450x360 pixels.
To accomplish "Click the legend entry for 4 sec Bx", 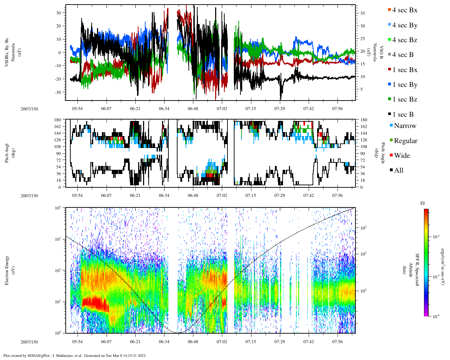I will (x=404, y=10).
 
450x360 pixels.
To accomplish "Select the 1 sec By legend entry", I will (x=404, y=85).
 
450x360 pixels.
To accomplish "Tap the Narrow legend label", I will (x=405, y=126).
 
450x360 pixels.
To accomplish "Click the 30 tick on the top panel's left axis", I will (x=59, y=13).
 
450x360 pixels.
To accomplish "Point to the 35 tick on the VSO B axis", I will (x=362, y=13).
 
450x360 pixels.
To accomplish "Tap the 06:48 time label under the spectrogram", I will (x=193, y=342).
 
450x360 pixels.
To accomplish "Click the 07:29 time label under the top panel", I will (x=279, y=109).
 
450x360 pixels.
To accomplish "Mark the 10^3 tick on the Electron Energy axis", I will (x=58, y=239).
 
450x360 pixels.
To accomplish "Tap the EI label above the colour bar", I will (x=423, y=203).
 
